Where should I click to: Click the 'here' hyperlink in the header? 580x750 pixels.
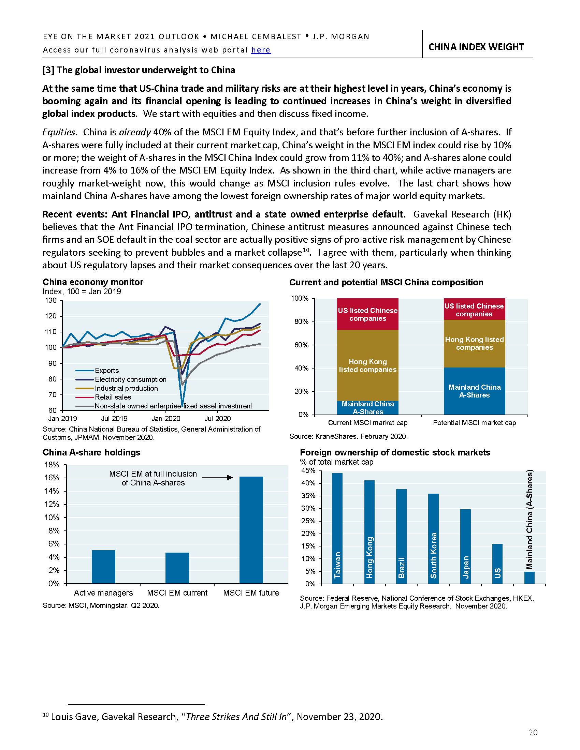pyautogui.click(x=261, y=50)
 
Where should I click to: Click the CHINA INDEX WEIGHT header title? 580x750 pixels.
pyautogui.click(x=476, y=47)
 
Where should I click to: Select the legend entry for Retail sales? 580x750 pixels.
pyautogui.click(x=113, y=397)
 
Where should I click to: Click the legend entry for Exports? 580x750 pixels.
pyautogui.click(x=106, y=371)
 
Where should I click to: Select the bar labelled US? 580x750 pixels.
pyautogui.click(x=497, y=563)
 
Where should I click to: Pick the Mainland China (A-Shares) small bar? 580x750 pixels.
pyautogui.click(x=529, y=577)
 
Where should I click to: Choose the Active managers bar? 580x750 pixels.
pyautogui.click(x=103, y=566)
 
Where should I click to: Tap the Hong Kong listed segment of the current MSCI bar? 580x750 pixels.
pyautogui.click(x=367, y=365)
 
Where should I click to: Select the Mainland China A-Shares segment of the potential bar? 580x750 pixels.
pyautogui.click(x=474, y=391)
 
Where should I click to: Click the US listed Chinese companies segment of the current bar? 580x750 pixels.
pyautogui.click(x=367, y=314)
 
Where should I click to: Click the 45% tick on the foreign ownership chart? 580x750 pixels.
pyautogui.click(x=308, y=470)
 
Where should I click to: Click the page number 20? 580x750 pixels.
pyautogui.click(x=533, y=733)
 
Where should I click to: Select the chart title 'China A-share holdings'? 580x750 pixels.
pyautogui.click(x=91, y=452)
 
